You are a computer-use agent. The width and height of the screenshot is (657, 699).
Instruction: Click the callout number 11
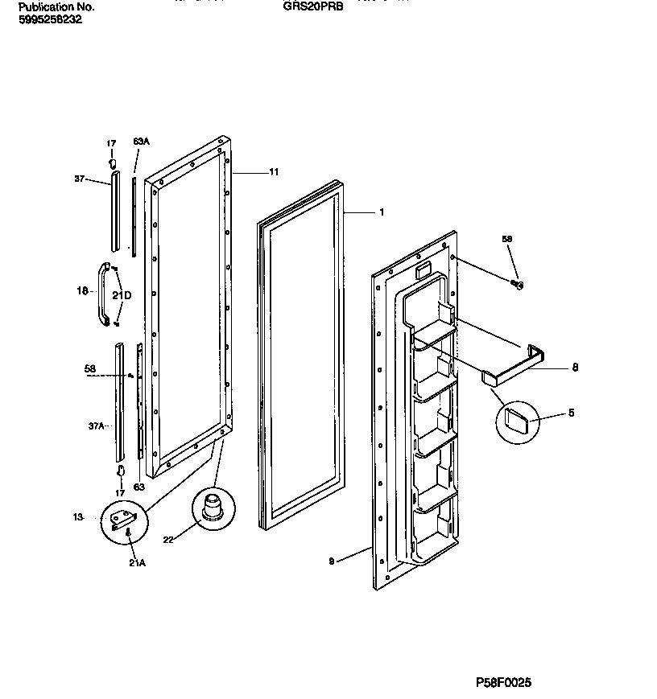(274, 172)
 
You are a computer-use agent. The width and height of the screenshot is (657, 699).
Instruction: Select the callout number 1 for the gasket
(381, 213)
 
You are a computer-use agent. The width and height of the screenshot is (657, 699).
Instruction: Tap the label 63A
(141, 142)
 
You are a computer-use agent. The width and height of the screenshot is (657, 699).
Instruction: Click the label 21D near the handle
(122, 294)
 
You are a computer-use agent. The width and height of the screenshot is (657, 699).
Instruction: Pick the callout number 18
(82, 291)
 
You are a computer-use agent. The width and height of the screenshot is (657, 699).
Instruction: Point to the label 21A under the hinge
(137, 563)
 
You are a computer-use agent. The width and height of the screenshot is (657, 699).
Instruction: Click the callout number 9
(332, 562)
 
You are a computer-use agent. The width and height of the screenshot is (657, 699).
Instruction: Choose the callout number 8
(574, 368)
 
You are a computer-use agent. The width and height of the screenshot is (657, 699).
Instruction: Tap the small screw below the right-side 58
(519, 283)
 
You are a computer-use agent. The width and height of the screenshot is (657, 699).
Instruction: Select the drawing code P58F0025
(504, 683)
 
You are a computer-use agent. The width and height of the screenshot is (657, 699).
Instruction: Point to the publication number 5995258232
(50, 19)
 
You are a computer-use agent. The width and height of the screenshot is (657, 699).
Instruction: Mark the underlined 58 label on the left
(90, 370)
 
